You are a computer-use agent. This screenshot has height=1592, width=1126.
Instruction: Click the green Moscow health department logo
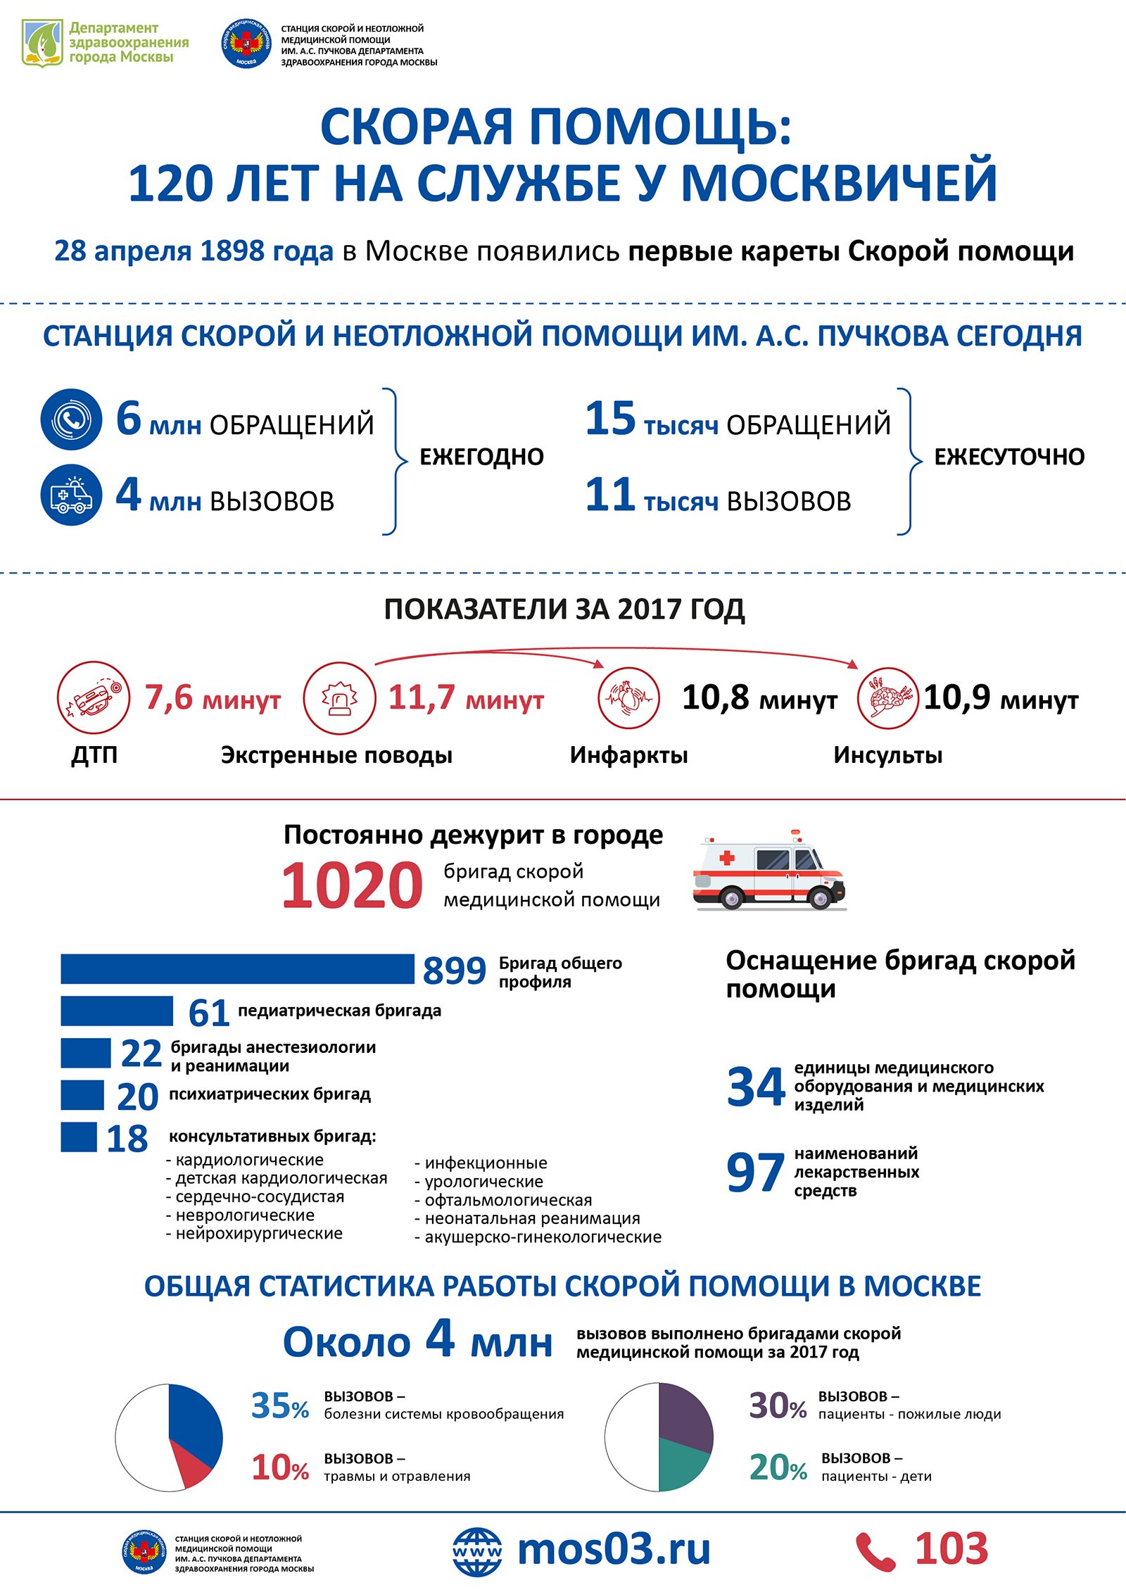[x=42, y=43]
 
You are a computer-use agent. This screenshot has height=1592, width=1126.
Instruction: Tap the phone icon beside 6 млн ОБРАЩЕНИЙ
[x=71, y=419]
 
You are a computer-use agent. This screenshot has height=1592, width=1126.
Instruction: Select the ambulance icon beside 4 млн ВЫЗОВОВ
[x=71, y=495]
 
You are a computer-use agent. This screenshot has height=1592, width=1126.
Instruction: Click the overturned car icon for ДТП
[x=94, y=697]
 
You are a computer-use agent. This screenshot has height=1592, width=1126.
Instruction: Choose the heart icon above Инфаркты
[x=628, y=697]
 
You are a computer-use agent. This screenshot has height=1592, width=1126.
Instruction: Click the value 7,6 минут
[x=213, y=698]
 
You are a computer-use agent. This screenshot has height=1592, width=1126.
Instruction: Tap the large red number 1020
[x=352, y=885]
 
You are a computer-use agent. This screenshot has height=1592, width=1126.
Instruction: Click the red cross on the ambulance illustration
[x=727, y=858]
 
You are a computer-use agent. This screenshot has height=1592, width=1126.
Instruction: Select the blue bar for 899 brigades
[x=237, y=969]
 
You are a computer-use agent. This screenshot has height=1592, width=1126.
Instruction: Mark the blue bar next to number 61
[x=116, y=1011]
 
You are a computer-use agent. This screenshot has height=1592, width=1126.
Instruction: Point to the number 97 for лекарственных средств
[x=754, y=1173]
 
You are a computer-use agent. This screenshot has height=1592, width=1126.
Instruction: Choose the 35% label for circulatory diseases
[x=279, y=1405]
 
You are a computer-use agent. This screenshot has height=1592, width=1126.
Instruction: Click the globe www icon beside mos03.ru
[x=477, y=1551]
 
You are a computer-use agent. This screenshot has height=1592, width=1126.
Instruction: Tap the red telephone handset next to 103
[x=875, y=1553]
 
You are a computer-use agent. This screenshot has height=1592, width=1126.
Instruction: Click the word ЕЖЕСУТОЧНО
[x=1008, y=457]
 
